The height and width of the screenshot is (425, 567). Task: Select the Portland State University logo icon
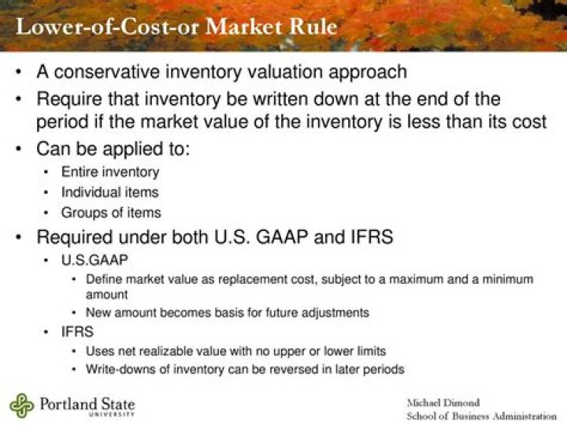pyautogui.click(x=21, y=404)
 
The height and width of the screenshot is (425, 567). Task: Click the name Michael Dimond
pyautogui.click(x=443, y=402)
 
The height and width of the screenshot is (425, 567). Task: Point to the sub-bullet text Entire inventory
pyautogui.click(x=110, y=172)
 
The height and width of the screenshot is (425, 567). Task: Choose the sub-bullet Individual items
pyautogui.click(x=109, y=192)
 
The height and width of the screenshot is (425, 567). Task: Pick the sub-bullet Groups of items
pyautogui.click(x=111, y=213)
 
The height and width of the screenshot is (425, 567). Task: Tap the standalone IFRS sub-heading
pyautogui.click(x=77, y=332)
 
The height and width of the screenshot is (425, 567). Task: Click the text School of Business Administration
pyautogui.click(x=481, y=416)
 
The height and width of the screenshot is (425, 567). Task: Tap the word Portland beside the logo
pyautogui.click(x=67, y=404)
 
